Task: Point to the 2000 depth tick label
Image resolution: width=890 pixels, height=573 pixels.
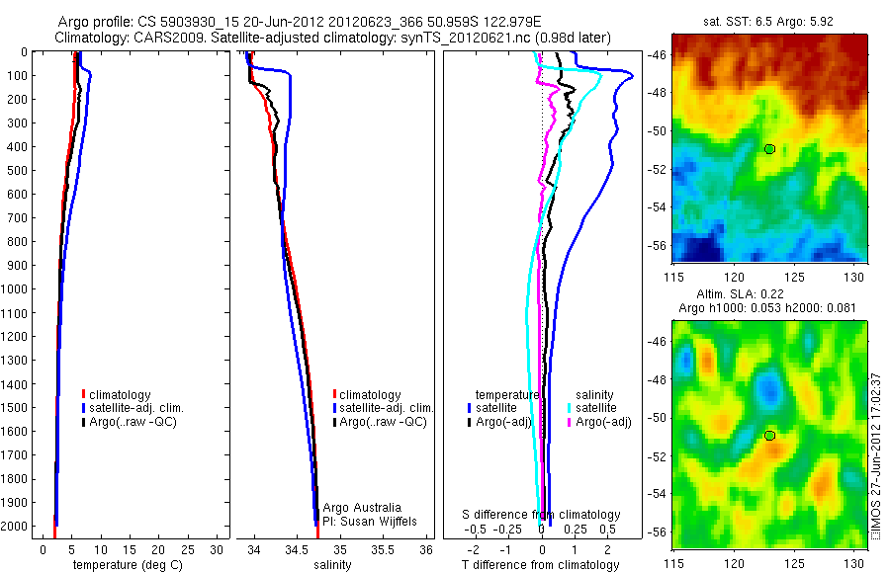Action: [x=16, y=527]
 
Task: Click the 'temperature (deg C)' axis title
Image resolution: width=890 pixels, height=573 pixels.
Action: [x=125, y=565]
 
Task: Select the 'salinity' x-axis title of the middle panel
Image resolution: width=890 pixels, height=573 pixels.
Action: [x=332, y=565]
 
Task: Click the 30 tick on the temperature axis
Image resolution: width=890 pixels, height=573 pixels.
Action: [x=218, y=549]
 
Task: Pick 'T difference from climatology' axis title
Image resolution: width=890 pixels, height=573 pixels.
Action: [x=542, y=565]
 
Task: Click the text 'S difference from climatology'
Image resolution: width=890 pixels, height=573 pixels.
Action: [x=542, y=515]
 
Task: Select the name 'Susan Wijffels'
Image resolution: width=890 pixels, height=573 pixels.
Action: [x=372, y=521]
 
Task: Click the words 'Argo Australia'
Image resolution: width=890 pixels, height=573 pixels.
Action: [x=363, y=508]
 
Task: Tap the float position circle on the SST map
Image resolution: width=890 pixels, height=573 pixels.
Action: [x=769, y=149]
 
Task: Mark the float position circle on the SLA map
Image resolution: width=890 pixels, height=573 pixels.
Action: [x=769, y=436]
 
